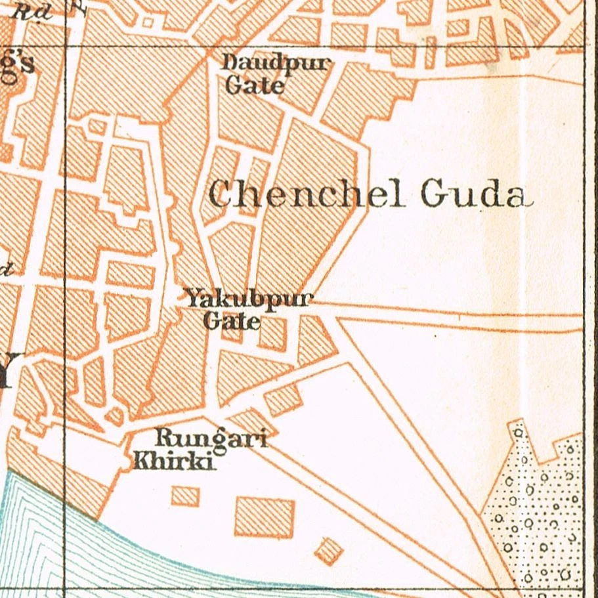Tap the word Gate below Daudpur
[255, 85]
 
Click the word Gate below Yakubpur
[232, 322]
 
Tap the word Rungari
[210, 438]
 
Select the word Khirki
[174, 461]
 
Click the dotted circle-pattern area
[538, 512]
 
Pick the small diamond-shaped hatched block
[329, 551]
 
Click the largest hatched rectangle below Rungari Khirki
[265, 517]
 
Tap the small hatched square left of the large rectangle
[185, 496]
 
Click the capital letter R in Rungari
[161, 437]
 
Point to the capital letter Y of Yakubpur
[192, 299]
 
